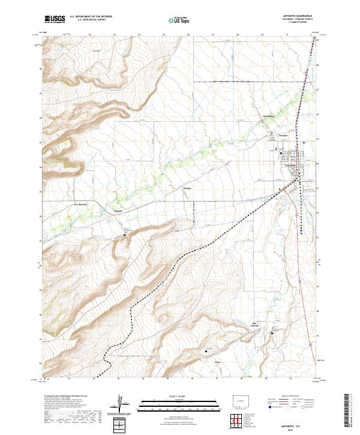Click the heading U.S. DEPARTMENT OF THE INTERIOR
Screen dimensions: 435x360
(x=91, y=17)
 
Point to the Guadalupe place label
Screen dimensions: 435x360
(x=268, y=116)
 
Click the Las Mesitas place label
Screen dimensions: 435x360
(x=80, y=205)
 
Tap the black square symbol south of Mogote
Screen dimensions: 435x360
(x=125, y=235)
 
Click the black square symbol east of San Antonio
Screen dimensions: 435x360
(x=208, y=351)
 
